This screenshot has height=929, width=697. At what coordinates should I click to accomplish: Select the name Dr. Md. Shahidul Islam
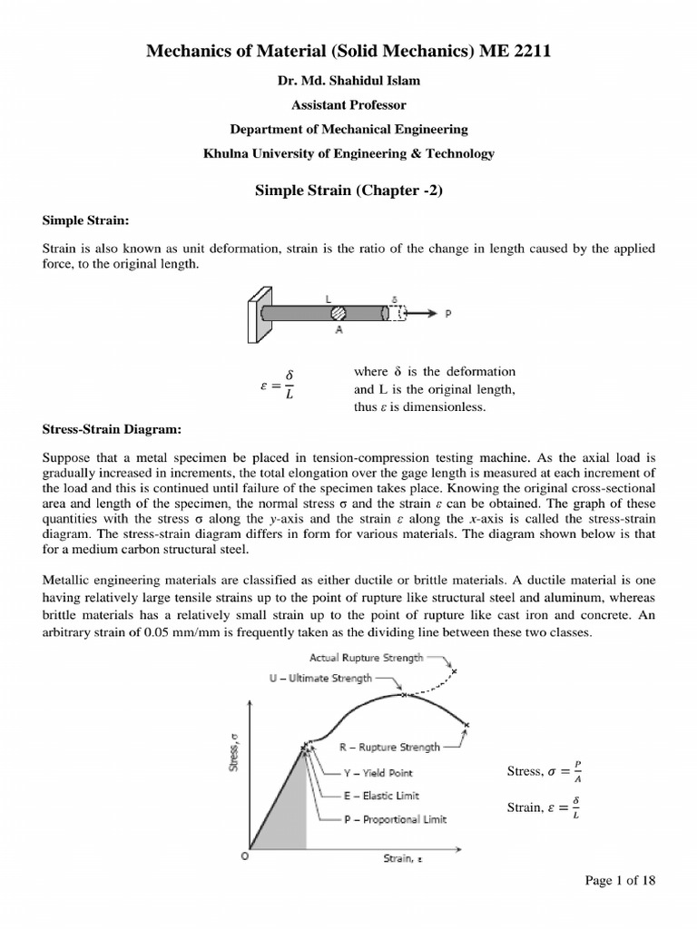(348, 81)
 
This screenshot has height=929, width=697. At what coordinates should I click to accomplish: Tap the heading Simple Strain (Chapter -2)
(348, 190)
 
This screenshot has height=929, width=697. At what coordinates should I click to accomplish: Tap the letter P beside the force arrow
(448, 314)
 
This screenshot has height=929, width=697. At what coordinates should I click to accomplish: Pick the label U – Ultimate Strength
(321, 679)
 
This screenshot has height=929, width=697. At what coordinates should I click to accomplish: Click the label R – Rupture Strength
(389, 748)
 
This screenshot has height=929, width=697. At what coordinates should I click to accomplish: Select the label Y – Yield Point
(377, 773)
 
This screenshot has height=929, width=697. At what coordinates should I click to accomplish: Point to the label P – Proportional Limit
(395, 819)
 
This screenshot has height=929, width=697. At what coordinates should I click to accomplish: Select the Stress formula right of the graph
(545, 772)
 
